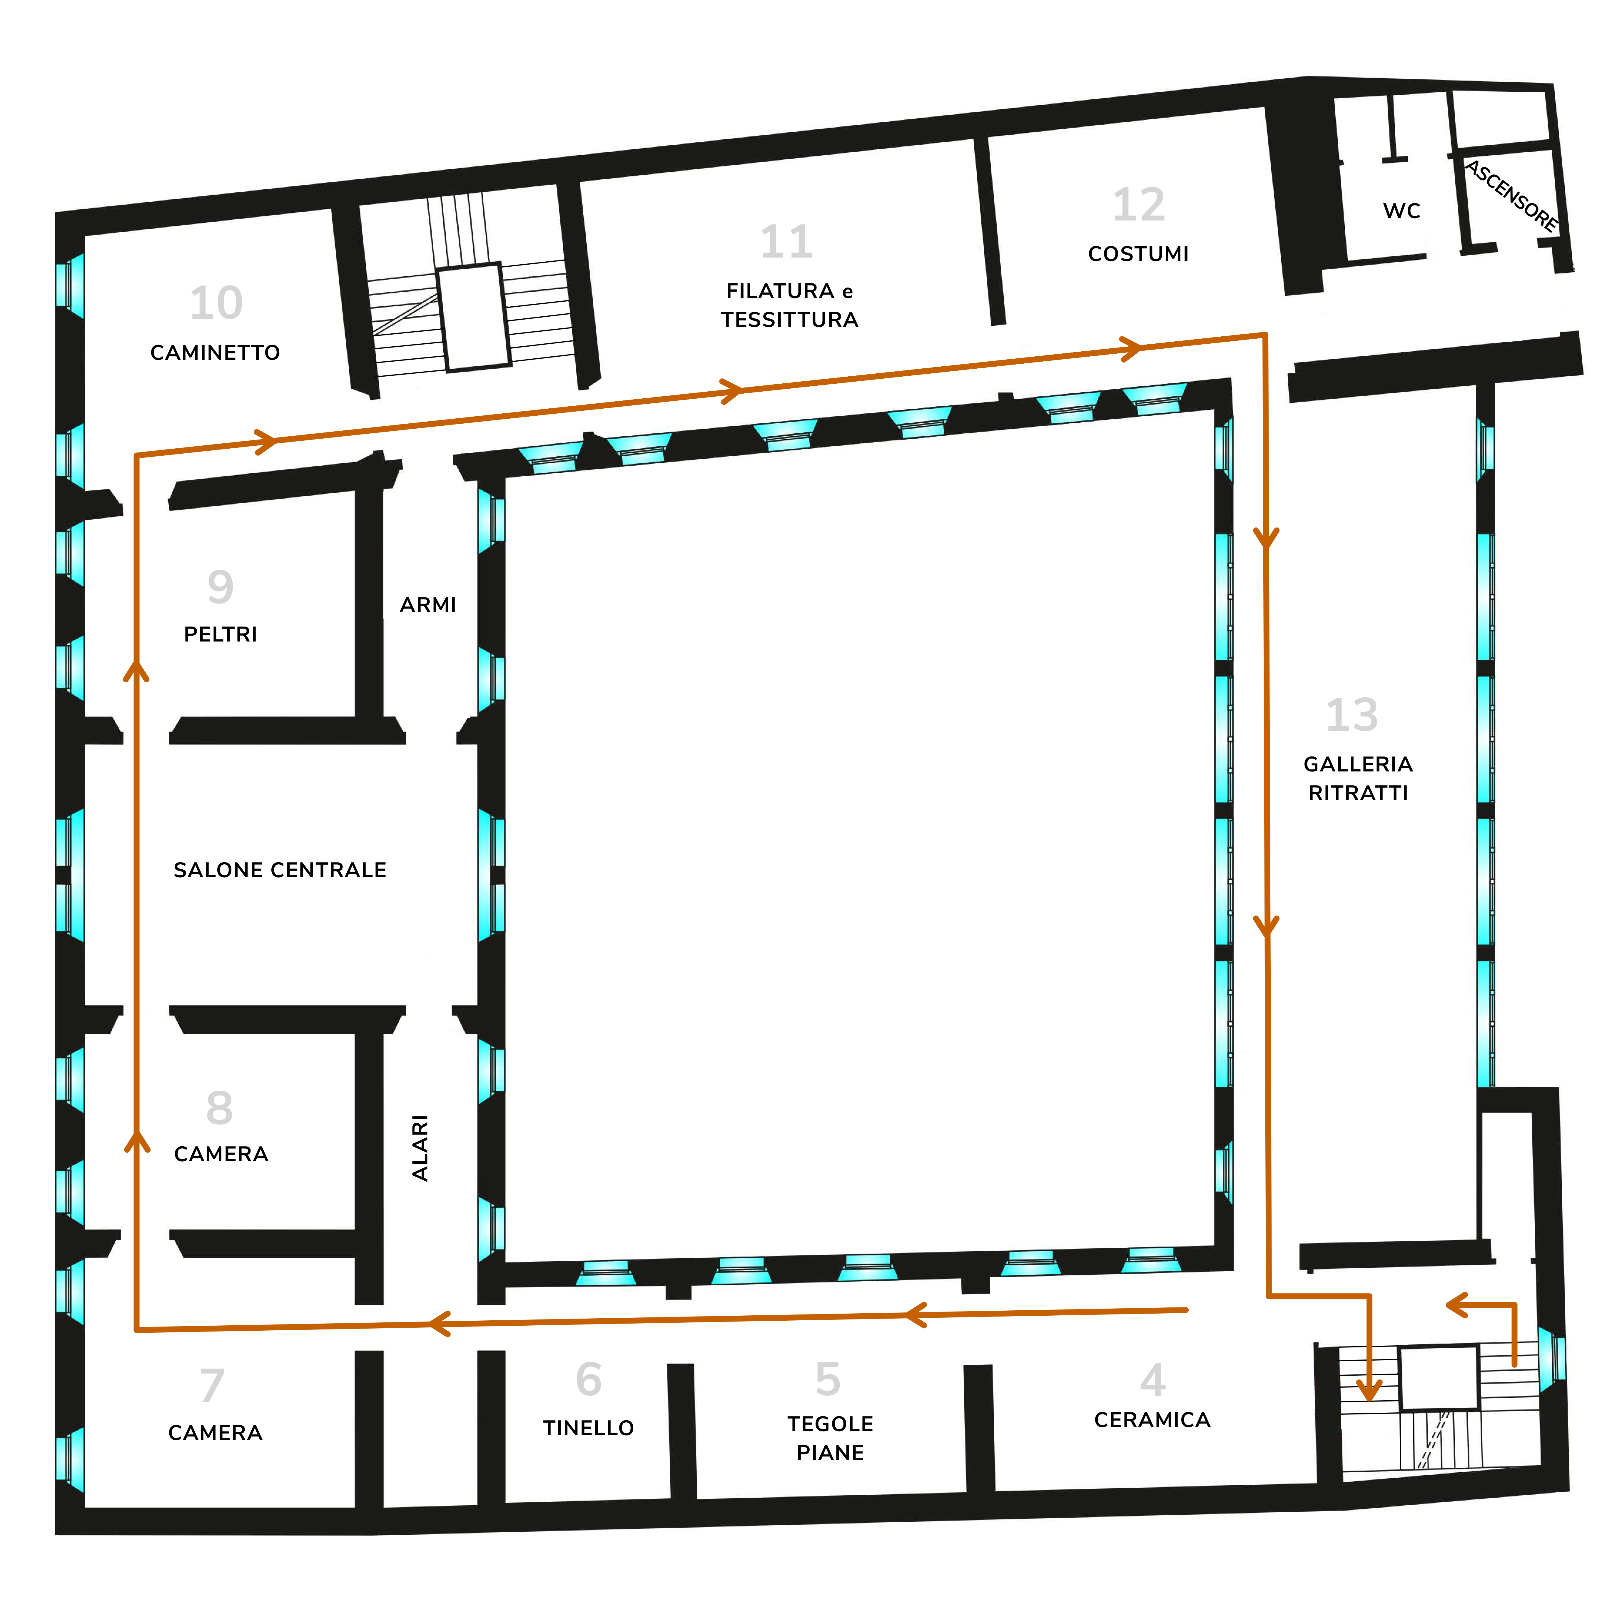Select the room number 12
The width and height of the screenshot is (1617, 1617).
click(x=1138, y=205)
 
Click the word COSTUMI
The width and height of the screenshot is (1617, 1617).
click(x=1138, y=254)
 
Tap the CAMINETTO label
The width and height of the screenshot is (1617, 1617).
click(x=215, y=352)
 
